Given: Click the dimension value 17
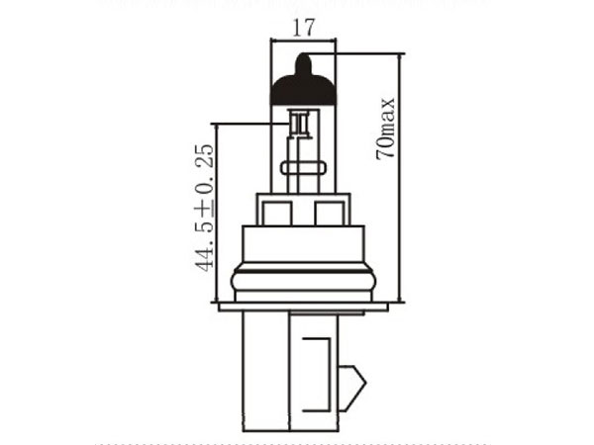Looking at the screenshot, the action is coord(304,28).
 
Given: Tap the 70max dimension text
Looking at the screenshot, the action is coord(385,129).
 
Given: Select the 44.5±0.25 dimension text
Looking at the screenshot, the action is coord(204,208).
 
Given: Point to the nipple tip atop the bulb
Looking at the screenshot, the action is coord(303,56).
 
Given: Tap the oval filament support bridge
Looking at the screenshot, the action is coord(303,168).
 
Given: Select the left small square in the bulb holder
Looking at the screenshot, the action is coord(277,214).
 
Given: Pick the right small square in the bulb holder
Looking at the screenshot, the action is coord(330,214).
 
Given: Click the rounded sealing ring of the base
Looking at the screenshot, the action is coord(303,281).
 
